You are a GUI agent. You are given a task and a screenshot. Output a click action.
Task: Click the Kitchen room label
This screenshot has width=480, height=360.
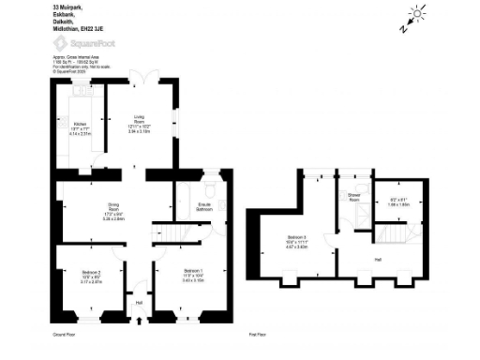(x=79, y=123)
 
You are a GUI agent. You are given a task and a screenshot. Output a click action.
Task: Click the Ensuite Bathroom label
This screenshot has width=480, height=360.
(x=203, y=205)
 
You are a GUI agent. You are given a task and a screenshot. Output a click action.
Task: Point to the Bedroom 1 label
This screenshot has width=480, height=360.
(x=193, y=270)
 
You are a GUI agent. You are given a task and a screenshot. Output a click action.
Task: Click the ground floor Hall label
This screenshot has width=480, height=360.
(x=140, y=302)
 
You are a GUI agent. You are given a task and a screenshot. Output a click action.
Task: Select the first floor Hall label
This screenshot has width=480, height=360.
(x=377, y=258)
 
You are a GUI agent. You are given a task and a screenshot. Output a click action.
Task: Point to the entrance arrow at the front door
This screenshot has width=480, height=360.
(x=140, y=322)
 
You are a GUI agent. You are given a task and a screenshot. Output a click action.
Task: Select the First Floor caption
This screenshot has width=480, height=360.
(x=259, y=334)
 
